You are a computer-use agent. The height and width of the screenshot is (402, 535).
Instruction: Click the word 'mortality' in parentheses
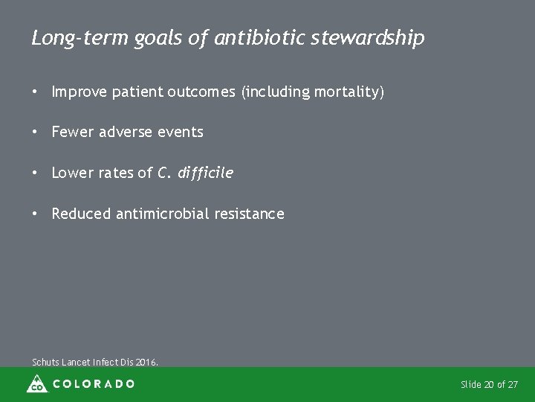[346, 92]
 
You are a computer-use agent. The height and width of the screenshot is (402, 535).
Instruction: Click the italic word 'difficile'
[205, 173]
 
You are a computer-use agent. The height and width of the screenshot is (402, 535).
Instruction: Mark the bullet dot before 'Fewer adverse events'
[35, 132]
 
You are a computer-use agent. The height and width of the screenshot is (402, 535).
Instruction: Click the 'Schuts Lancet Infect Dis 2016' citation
[95, 363]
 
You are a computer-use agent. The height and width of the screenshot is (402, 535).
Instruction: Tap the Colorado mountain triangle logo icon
[36, 384]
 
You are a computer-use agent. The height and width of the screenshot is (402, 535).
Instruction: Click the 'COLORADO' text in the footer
[94, 384]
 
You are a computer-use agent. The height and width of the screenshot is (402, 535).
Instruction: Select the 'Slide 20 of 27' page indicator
[489, 385]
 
